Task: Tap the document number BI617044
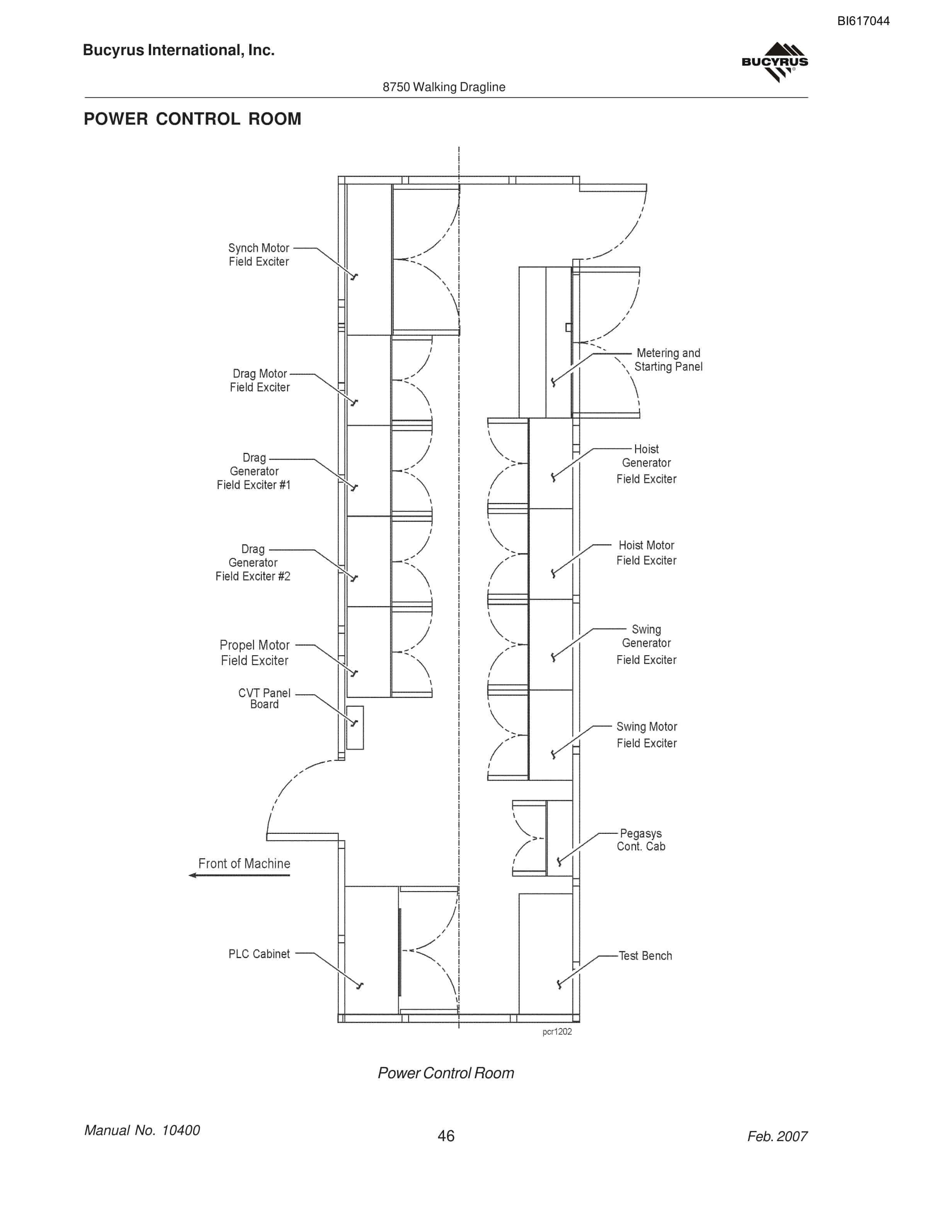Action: tap(863, 21)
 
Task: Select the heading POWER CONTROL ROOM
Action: tap(192, 119)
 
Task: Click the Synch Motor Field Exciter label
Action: tap(259, 255)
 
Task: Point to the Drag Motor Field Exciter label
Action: tap(259, 380)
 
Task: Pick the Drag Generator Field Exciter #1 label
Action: tap(254, 471)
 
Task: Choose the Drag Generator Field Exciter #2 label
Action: tap(253, 563)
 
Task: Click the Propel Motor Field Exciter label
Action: tap(254, 653)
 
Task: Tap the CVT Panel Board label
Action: tap(264, 698)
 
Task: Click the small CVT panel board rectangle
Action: tap(355, 727)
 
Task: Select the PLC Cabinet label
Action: tap(259, 954)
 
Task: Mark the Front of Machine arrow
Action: tap(239, 875)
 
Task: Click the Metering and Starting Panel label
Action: tap(668, 359)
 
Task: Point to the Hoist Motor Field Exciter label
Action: tap(646, 553)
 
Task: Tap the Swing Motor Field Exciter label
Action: tap(647, 735)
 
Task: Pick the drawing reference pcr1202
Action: tap(557, 1032)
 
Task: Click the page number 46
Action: tap(446, 1136)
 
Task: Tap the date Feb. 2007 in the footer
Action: tap(777, 1136)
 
